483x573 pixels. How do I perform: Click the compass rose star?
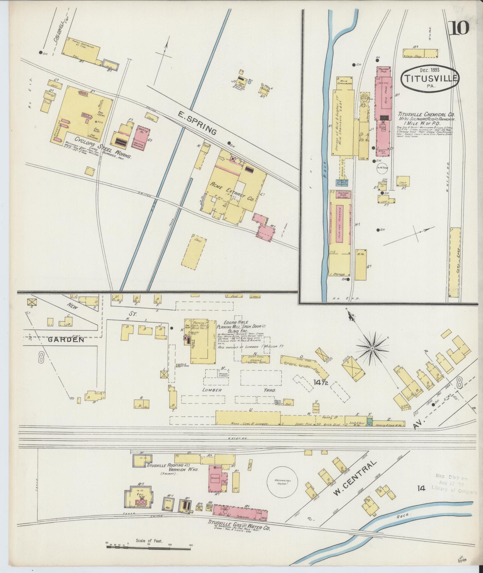tap(372, 348)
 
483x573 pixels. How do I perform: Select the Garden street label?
tap(66, 340)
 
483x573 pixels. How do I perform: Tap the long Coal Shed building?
tap(455, 262)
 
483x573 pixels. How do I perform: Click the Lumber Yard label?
tap(239, 390)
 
